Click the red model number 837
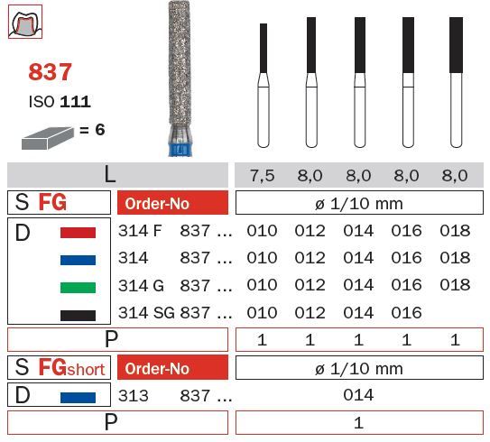click(x=50, y=72)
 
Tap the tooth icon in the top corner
click(x=25, y=22)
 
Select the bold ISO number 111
click(x=75, y=102)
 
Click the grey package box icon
click(x=48, y=138)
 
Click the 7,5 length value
click(x=263, y=175)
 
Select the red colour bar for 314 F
click(x=78, y=233)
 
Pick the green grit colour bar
click(x=78, y=288)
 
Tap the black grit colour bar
click(x=78, y=315)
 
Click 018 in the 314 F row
click(x=455, y=231)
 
